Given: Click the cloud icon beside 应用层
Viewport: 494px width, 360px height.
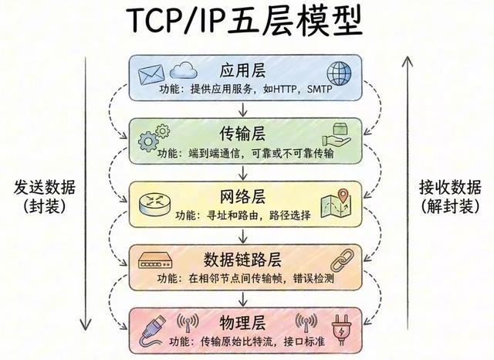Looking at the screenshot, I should point(181,72).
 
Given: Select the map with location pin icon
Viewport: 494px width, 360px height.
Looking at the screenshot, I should point(336,203).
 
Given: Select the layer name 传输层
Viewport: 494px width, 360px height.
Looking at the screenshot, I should point(244,131).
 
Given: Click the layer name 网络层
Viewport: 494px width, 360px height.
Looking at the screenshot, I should point(244,195).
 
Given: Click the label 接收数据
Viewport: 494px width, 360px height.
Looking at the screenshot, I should point(451,188).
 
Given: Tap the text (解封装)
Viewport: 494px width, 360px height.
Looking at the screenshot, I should point(451,207).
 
